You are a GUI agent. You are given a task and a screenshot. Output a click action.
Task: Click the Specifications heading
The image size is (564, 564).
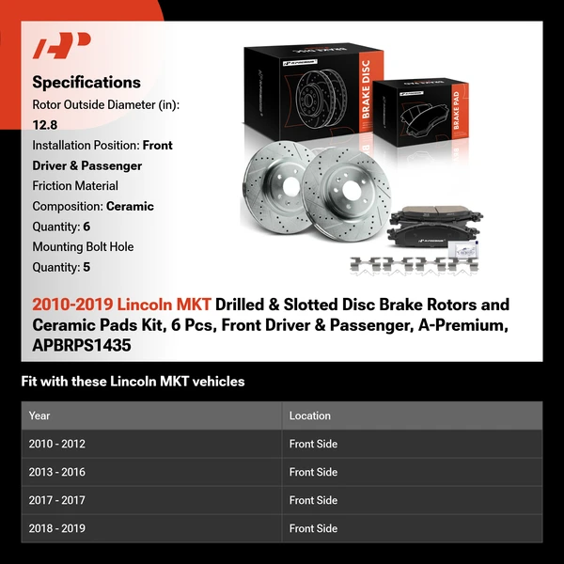(x=86, y=83)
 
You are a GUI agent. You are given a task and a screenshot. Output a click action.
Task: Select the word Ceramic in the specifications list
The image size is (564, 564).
(x=130, y=206)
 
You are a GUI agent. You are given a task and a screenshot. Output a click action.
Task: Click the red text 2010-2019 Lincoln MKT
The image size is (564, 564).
(x=121, y=305)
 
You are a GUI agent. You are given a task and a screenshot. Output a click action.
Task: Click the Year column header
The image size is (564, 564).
(x=39, y=415)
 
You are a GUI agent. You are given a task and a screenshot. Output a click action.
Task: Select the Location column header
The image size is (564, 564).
(x=309, y=415)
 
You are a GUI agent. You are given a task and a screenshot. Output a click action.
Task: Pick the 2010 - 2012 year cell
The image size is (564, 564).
(x=56, y=444)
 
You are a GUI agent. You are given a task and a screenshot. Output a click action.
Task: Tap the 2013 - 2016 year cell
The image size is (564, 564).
(x=56, y=472)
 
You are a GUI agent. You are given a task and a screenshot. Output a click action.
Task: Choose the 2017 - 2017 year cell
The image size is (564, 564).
(x=56, y=500)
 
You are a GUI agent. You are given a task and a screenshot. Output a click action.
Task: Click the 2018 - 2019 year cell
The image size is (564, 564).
(x=56, y=528)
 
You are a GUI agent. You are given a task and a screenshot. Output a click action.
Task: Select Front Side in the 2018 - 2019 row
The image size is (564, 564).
(x=313, y=528)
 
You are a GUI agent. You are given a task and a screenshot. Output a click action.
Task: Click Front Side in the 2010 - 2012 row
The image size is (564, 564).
(x=313, y=444)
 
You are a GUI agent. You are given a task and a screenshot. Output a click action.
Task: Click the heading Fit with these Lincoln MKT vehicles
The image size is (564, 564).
(x=133, y=382)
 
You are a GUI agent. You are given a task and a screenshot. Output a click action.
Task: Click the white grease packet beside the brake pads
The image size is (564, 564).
(x=466, y=251)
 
